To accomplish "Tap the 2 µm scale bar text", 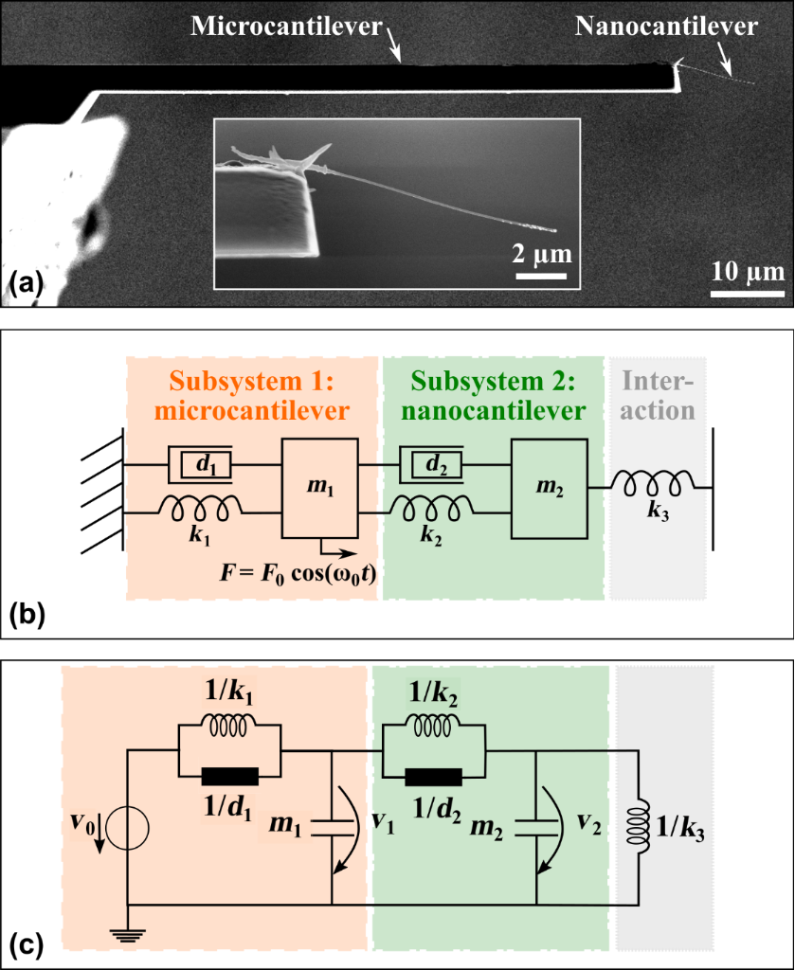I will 541,256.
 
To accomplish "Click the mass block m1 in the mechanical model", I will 320,488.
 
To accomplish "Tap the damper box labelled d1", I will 200,465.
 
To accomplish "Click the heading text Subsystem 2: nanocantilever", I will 492,397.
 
